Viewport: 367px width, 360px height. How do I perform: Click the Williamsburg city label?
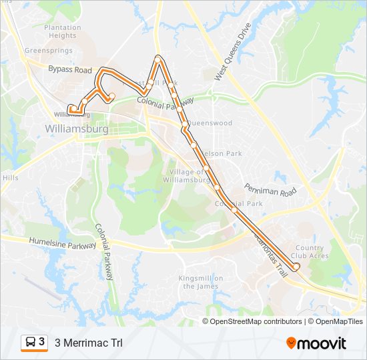click(x=77, y=127)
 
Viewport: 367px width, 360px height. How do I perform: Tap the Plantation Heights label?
click(x=63, y=31)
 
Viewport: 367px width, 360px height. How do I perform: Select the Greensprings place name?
click(x=47, y=50)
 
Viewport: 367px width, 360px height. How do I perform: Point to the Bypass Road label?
click(x=69, y=69)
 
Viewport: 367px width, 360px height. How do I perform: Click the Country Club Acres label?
click(x=309, y=252)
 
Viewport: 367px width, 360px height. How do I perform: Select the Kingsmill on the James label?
click(x=200, y=282)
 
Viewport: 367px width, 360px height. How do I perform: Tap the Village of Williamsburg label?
click(x=187, y=175)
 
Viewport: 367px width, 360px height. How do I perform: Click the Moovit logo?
click(x=316, y=343)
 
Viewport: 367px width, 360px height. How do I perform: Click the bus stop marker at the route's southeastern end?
click(x=296, y=266)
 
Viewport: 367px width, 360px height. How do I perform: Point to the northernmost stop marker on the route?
click(x=158, y=59)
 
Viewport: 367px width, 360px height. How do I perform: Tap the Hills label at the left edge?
click(x=11, y=178)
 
